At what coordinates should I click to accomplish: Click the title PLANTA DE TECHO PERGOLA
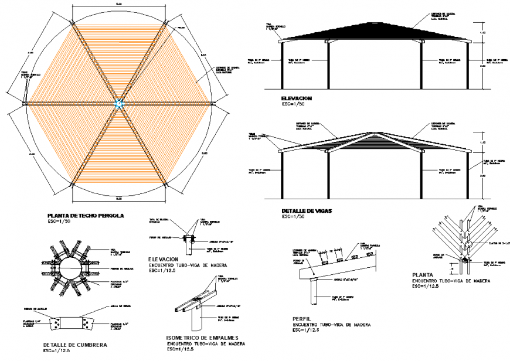(x=86, y=216)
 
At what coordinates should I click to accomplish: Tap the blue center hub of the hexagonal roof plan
(x=119, y=104)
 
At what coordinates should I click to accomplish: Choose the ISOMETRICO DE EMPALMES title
(x=202, y=338)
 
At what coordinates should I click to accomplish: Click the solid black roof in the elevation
(x=375, y=33)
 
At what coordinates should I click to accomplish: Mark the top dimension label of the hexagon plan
(x=119, y=4)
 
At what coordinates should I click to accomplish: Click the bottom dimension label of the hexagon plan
(x=119, y=198)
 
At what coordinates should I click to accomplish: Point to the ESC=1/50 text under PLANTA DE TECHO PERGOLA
(x=60, y=222)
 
